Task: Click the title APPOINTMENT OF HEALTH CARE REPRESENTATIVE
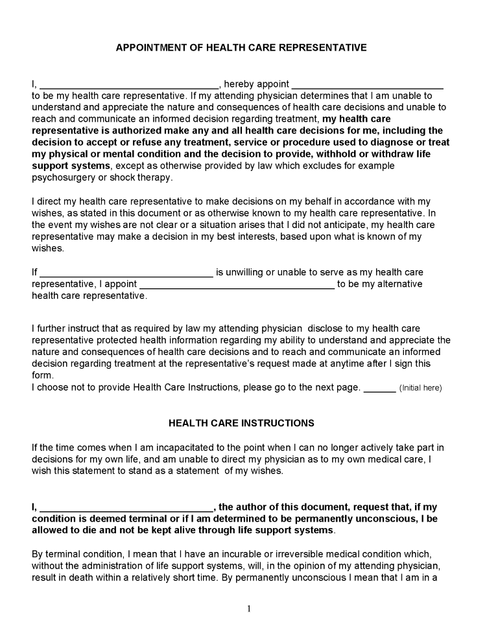click(241, 48)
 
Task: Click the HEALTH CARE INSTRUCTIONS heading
click(241, 423)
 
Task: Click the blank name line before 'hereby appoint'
click(130, 86)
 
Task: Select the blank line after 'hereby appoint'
click(367, 86)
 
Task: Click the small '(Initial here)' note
click(420, 388)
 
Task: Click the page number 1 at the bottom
click(248, 608)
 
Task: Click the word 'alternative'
click(398, 284)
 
